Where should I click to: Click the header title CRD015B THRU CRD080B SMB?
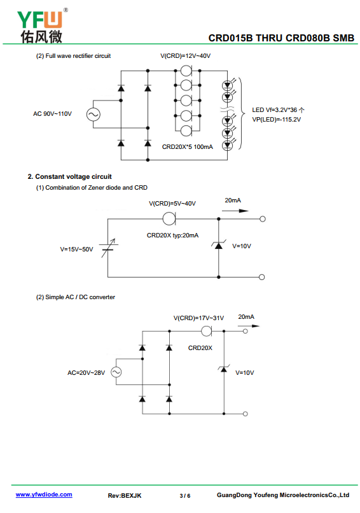[281, 38]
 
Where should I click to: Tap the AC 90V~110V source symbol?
[93, 114]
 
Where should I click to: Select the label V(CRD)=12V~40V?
[185, 56]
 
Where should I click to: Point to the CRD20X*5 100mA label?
[188, 147]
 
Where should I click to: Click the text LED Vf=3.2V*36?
[278, 110]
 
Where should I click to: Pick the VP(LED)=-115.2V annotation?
[276, 120]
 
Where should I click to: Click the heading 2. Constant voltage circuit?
[69, 177]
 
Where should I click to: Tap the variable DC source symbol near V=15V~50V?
[108, 248]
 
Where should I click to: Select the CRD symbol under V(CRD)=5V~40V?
[169, 219]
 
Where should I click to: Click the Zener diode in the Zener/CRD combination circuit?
[219, 245]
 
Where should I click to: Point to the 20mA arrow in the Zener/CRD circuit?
[236, 211]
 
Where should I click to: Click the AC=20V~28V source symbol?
[116, 372]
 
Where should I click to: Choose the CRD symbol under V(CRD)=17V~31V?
[206, 331]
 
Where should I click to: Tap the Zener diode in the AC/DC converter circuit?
[224, 369]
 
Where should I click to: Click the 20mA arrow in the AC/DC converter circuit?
[249, 326]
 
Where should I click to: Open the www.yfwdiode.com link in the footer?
[44, 495]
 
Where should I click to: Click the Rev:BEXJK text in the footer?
[125, 496]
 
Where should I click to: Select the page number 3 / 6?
[184, 496]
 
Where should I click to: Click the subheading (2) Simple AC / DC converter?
[76, 297]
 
